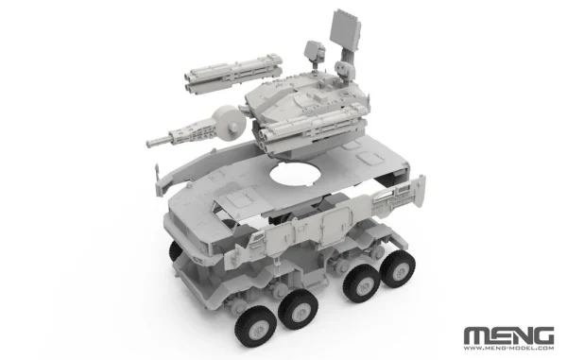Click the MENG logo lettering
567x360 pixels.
point(508,336)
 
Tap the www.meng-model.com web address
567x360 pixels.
point(508,349)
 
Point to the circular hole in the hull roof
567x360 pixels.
point(296,175)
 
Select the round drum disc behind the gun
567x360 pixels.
point(230,123)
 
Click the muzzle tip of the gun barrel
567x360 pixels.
point(148,144)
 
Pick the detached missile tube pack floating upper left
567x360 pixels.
point(232,74)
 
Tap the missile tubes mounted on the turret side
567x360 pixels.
point(311,129)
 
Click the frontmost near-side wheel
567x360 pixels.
point(252,328)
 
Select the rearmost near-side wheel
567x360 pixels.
point(398,268)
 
